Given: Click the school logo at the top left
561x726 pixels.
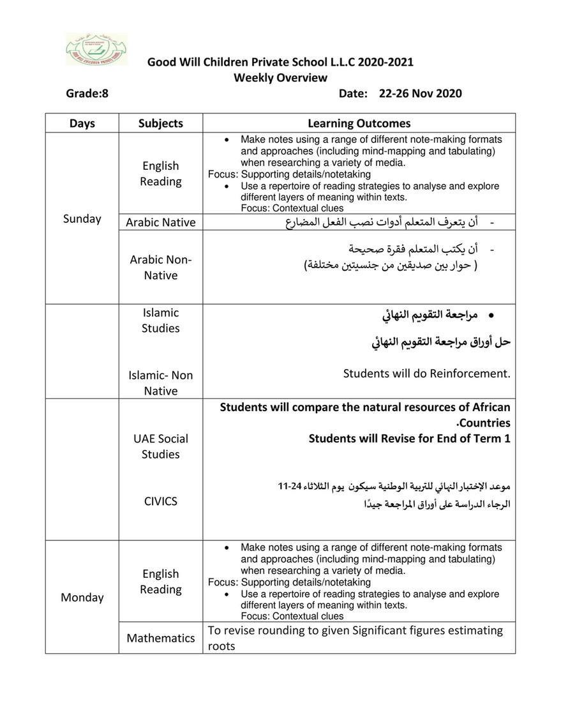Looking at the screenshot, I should tap(96, 49).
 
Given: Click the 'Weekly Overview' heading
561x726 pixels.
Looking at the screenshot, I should tap(280, 78).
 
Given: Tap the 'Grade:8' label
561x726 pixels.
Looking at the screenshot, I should tap(87, 93).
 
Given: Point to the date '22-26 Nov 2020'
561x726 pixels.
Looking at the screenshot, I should tap(420, 93).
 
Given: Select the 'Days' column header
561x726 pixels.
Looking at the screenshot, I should tap(82, 123).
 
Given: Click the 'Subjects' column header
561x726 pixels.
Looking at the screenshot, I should tap(161, 123).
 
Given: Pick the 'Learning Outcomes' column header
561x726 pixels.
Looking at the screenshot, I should tap(359, 123).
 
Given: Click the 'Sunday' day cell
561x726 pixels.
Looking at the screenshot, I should tap(82, 218).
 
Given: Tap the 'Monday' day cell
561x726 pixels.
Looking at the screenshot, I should tap(82, 597).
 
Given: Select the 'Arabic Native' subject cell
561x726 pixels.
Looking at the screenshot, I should tap(161, 222).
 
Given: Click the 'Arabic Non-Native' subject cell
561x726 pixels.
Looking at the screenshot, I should tap(161, 268).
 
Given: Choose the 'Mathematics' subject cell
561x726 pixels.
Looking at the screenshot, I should tap(161, 638).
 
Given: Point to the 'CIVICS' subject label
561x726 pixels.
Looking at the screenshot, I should tap(161, 501).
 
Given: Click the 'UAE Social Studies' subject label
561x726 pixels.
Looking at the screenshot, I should tap(161, 446).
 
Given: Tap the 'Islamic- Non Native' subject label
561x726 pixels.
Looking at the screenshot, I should tap(161, 382).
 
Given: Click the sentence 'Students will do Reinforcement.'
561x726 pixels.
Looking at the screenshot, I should tap(426, 373).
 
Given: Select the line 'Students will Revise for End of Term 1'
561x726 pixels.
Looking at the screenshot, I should tap(409, 439).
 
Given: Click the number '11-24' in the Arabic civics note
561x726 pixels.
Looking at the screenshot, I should tap(288, 487).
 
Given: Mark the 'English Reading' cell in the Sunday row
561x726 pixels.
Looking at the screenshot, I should tap(161, 174).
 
